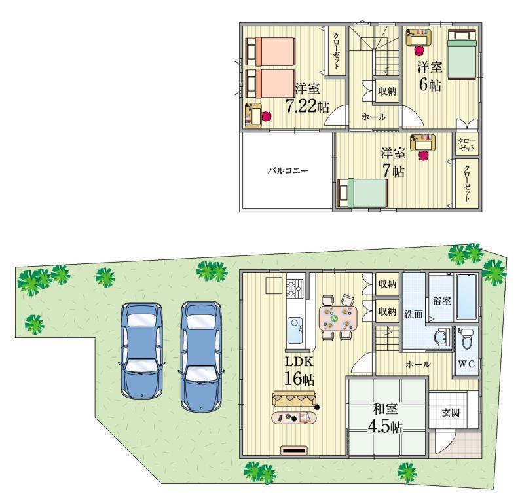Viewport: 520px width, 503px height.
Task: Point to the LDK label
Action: tap(299, 361)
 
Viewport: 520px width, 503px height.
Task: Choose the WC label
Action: tap(466, 363)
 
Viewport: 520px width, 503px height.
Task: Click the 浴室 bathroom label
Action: tap(441, 301)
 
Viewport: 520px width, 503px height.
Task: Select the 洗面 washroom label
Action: tap(413, 314)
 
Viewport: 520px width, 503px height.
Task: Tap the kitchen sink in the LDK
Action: tap(295, 326)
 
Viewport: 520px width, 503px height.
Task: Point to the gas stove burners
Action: tap(295, 286)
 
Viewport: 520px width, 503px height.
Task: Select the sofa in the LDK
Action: tap(294, 398)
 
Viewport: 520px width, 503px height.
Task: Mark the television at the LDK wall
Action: tap(294, 450)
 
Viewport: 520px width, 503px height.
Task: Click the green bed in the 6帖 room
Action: tap(464, 56)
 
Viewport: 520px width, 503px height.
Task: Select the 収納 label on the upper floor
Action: tap(386, 92)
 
